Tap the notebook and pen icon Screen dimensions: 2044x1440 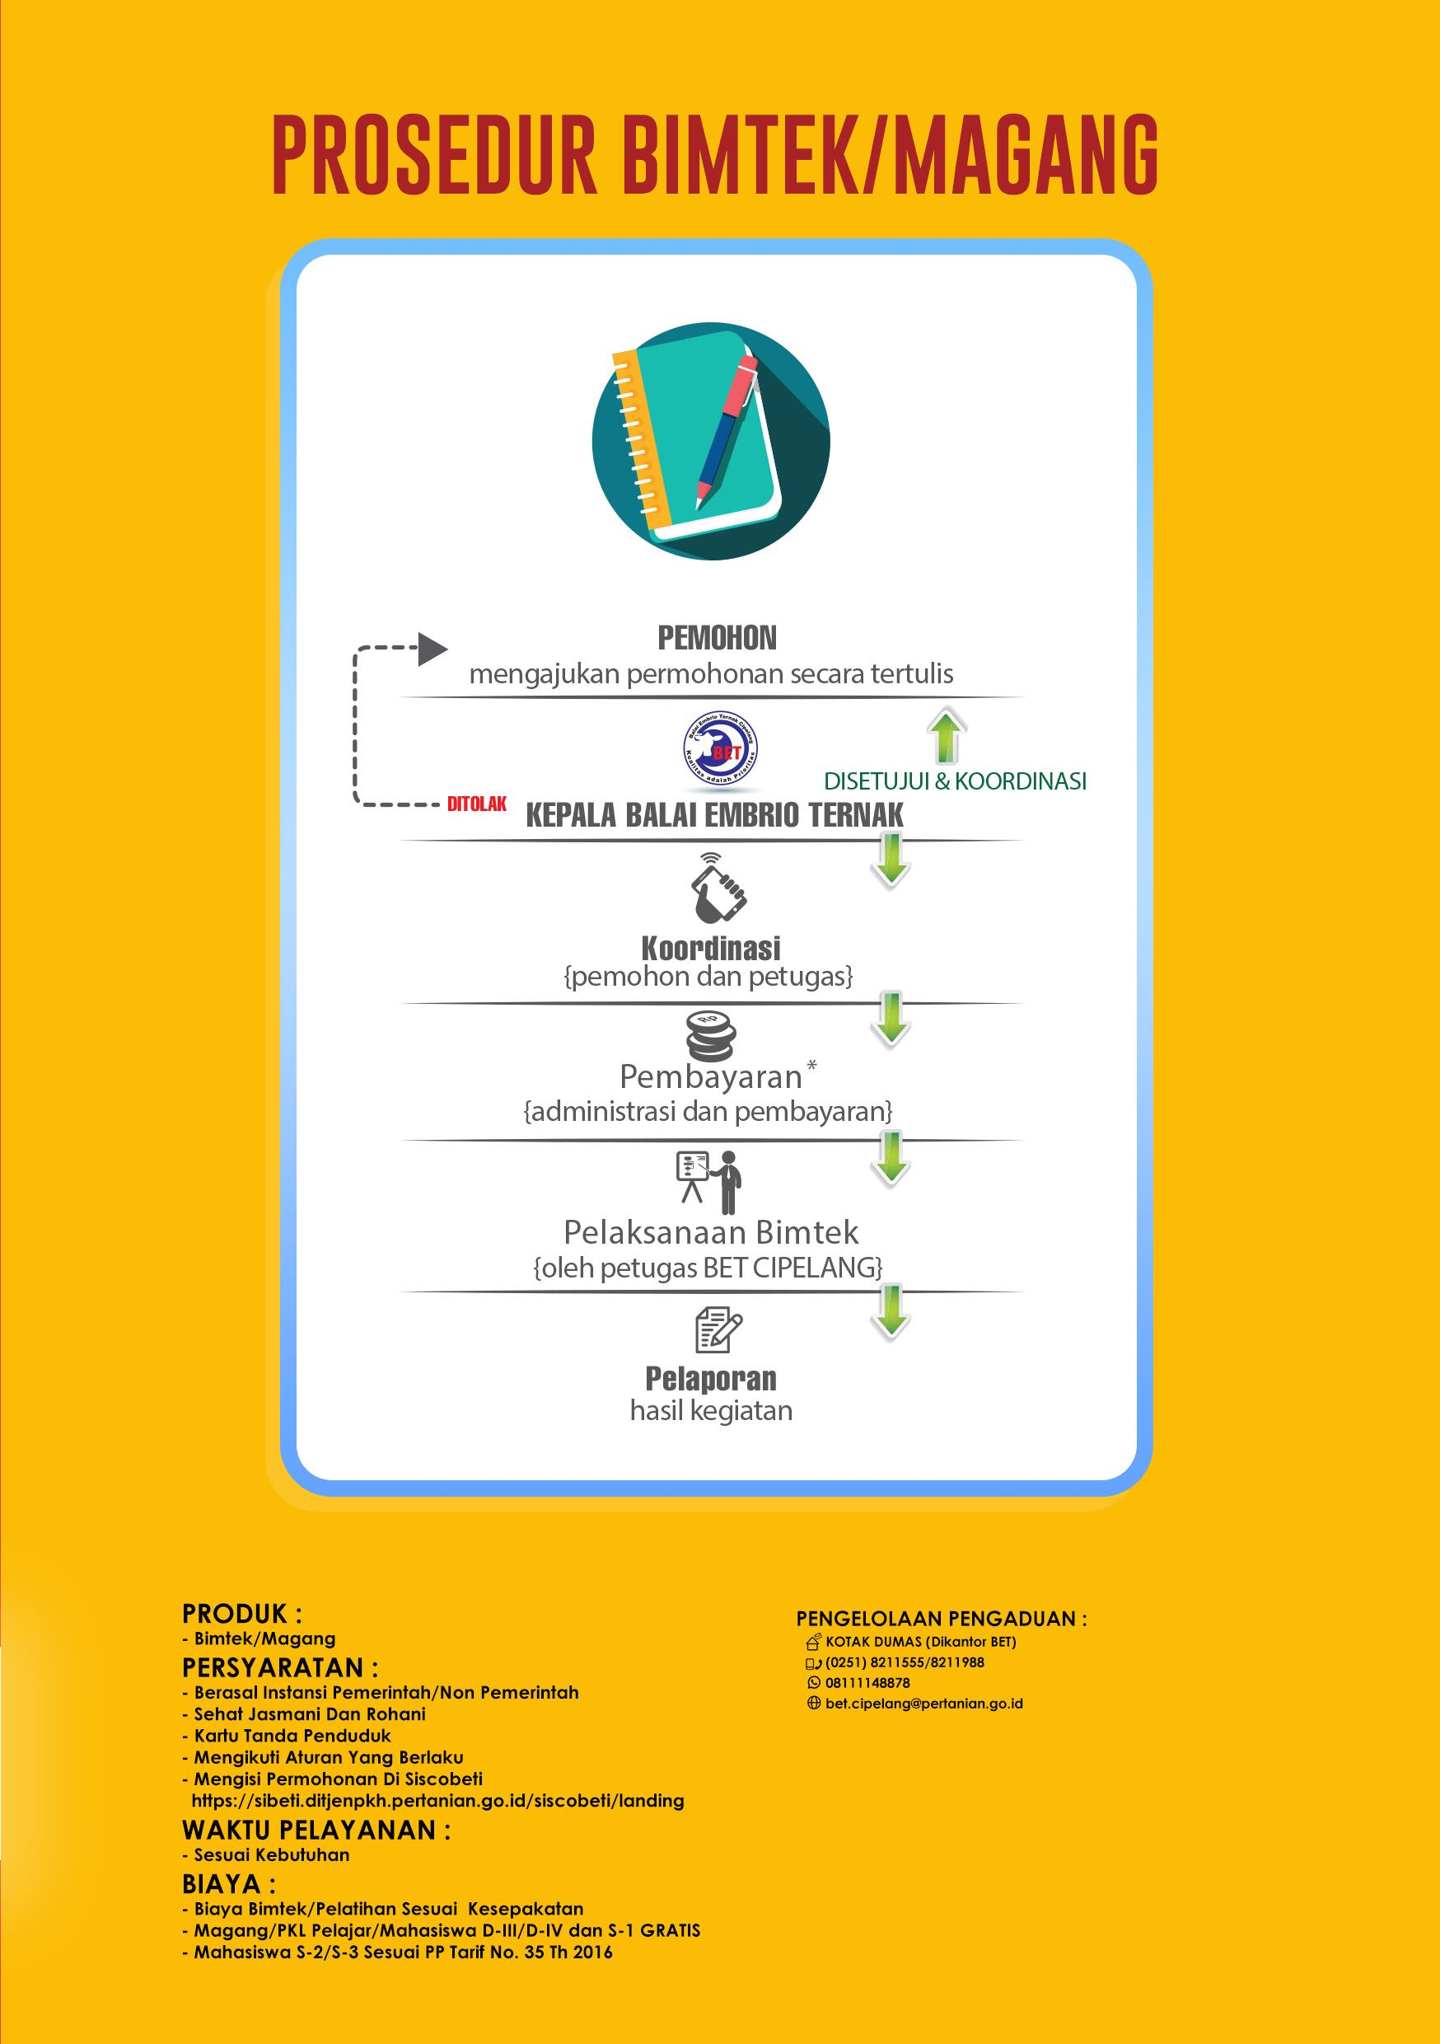(x=710, y=441)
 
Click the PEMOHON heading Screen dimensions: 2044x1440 (x=717, y=637)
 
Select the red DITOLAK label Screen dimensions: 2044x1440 (x=476, y=804)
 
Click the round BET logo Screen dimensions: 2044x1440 (x=720, y=748)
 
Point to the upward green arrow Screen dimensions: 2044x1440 (x=945, y=735)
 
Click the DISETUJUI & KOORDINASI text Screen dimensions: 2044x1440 (x=954, y=781)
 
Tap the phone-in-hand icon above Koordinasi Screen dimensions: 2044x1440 (x=717, y=888)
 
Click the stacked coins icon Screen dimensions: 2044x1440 (x=710, y=1035)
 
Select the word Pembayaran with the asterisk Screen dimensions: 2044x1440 (x=717, y=1076)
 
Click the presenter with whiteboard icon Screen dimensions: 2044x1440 (x=709, y=1181)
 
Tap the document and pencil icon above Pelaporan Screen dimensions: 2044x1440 (x=718, y=1329)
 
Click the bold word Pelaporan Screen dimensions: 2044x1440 (x=710, y=1378)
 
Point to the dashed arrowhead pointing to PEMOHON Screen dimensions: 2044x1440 (x=432, y=649)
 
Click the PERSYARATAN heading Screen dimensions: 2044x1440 (x=279, y=1667)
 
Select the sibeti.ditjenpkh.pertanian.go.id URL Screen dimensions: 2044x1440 (x=438, y=1800)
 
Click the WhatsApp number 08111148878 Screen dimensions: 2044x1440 (x=867, y=1682)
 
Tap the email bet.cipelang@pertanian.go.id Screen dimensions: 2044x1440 (x=923, y=1703)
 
